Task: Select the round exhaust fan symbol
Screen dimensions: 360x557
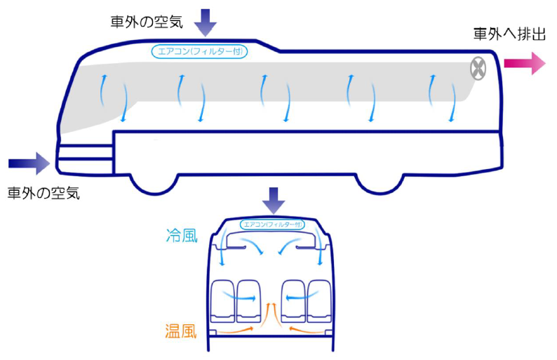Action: click(x=478, y=68)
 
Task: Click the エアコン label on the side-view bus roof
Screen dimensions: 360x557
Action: click(x=200, y=51)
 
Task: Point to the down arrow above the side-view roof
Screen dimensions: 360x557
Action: click(x=205, y=22)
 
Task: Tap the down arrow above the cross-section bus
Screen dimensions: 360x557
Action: click(x=273, y=201)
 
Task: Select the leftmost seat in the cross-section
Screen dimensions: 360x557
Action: click(x=224, y=302)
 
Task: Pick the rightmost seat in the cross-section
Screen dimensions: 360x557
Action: click(x=318, y=302)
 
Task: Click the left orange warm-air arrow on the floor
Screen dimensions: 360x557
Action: click(x=237, y=328)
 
